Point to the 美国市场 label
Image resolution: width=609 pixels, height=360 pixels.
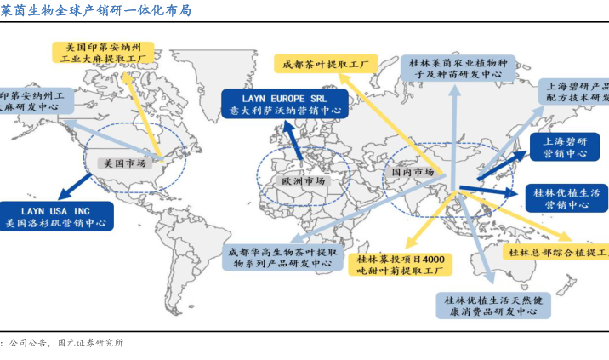tap(123, 162)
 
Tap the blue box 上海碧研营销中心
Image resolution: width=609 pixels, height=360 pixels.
tap(565, 146)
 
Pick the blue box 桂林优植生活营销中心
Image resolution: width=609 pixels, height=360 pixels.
tap(566, 197)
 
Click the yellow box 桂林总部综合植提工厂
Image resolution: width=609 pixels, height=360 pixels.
tap(558, 252)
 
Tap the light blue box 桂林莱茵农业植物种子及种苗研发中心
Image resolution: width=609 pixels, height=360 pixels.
tap(449, 68)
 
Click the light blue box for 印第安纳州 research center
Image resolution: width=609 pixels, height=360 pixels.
tap(34, 102)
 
